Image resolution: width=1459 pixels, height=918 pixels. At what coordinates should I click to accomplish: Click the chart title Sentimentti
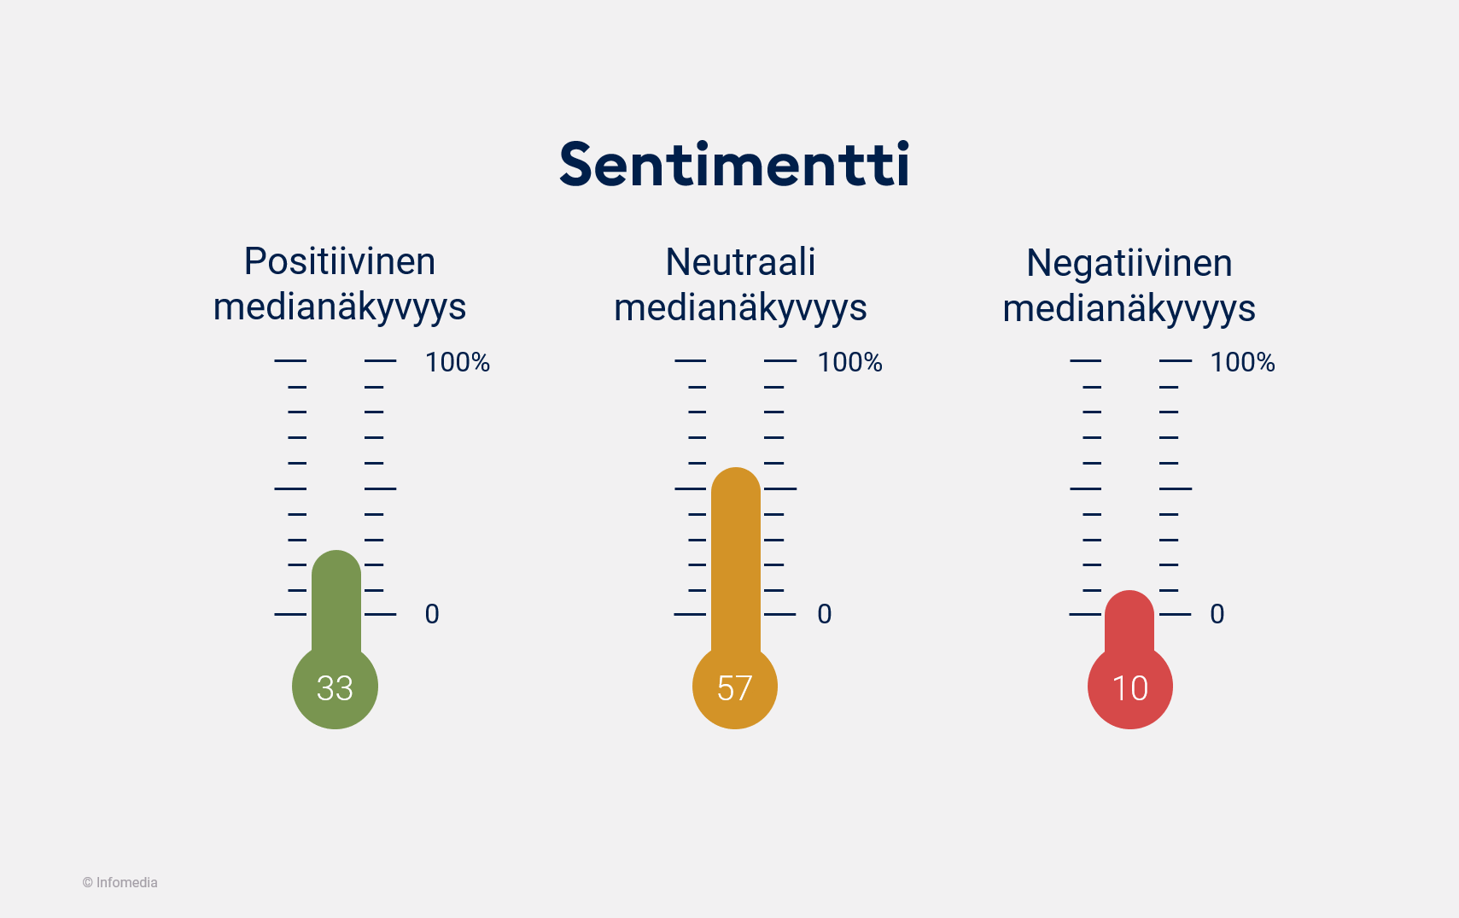click(x=734, y=164)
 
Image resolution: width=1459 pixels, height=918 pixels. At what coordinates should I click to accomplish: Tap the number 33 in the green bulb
click(x=335, y=688)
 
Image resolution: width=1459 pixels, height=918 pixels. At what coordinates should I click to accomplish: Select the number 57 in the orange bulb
click(x=734, y=688)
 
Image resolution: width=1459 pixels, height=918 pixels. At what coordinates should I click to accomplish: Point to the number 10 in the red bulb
click(x=1129, y=688)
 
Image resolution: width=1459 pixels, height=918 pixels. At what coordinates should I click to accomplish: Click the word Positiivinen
click(x=340, y=261)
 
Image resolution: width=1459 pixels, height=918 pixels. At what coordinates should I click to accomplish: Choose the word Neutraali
click(x=740, y=262)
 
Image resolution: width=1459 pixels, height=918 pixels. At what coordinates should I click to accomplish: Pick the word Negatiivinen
click(x=1129, y=263)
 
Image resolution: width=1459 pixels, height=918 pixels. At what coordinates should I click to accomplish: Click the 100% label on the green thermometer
click(x=458, y=362)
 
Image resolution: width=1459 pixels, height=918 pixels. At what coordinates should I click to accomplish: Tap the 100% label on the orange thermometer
click(x=849, y=362)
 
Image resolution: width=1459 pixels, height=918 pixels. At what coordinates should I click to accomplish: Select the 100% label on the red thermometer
click(x=1242, y=362)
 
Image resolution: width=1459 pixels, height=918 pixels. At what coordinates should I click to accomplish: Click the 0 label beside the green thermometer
click(x=432, y=614)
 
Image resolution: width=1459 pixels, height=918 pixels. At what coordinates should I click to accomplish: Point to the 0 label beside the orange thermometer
click(x=824, y=614)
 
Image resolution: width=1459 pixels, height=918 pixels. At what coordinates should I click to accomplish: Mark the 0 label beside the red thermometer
click(x=1217, y=614)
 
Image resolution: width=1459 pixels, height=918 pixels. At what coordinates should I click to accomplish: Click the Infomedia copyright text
click(x=120, y=882)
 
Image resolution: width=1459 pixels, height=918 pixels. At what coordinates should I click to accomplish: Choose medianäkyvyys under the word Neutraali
click(x=740, y=307)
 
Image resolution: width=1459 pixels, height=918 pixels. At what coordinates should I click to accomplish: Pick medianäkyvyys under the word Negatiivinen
click(x=1129, y=308)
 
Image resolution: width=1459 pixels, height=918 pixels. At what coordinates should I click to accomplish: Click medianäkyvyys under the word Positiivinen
click(x=340, y=307)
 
